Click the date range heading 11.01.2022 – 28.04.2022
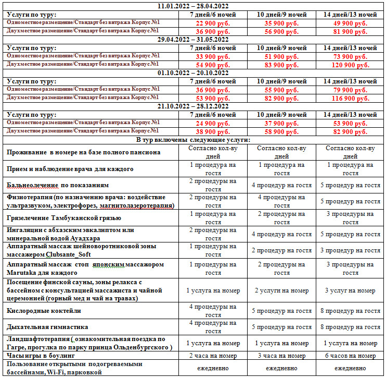[193, 6]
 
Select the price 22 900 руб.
[213, 23]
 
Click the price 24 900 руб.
[213, 123]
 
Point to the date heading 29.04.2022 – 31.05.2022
[193, 40]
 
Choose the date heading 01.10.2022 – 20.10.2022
[193, 73]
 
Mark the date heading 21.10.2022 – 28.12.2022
[193, 106]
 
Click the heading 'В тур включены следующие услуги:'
[193, 140]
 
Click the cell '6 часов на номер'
[350, 356]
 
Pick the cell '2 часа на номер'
[213, 356]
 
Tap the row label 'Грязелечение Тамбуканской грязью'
[65, 218]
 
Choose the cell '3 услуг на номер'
[350, 290]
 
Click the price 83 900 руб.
[281, 65]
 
